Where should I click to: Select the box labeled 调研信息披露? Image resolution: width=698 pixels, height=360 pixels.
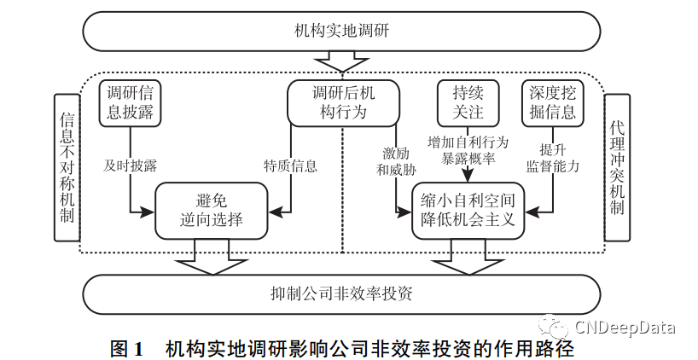pos(129,102)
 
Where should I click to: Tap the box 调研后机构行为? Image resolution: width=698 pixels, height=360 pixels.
pos(342,102)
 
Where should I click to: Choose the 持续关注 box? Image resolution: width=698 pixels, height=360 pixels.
pos(467,102)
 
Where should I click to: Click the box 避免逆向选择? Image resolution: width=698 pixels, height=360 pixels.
pos(212,210)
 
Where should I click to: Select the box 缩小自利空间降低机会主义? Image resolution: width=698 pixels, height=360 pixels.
pos(468,210)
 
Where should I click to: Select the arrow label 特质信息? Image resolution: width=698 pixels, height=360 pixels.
pos(290,165)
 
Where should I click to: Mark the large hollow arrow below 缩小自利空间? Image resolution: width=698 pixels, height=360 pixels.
pos(468,258)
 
